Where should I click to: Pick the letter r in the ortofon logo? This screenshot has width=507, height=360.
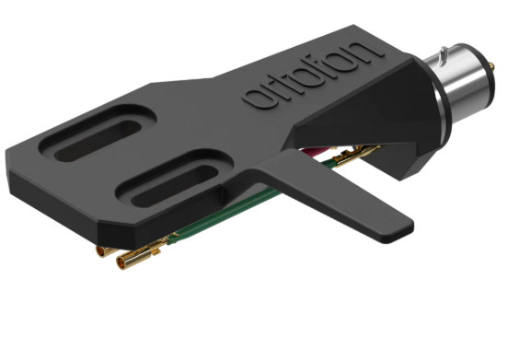point(274,89)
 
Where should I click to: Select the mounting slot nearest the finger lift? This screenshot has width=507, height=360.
point(169,183)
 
